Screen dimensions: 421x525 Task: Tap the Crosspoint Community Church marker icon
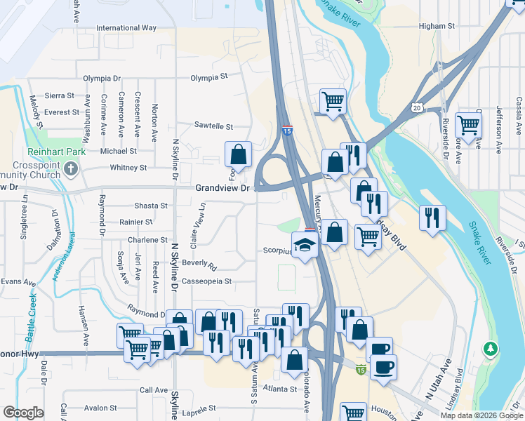tap(71, 168)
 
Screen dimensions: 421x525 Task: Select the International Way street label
tap(126, 28)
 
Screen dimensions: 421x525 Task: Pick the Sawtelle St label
tap(213, 126)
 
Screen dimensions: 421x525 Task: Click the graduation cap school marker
tap(305, 245)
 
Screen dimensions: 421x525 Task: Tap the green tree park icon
tap(492, 348)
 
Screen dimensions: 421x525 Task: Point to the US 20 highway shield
tap(417, 107)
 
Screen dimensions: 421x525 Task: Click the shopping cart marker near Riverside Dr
tap(467, 125)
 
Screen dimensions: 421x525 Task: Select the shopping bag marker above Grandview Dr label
tap(238, 153)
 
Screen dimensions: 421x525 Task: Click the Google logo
tap(23, 413)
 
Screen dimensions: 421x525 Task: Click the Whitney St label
tap(128, 168)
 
